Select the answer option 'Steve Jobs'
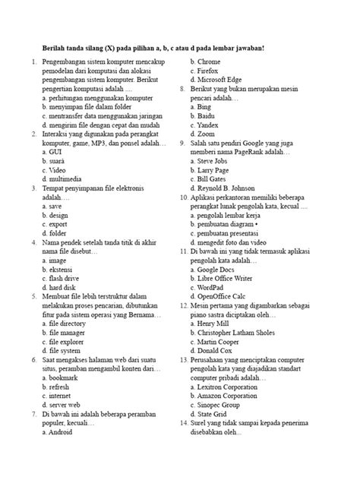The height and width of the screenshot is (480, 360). [x=217, y=162]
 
